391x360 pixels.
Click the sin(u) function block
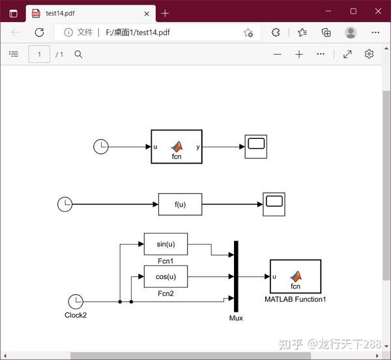tap(166, 244)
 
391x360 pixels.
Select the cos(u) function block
tap(166, 277)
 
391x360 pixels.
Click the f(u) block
tap(180, 204)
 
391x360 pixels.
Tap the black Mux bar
tap(236, 277)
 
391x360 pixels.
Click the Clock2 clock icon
tap(76, 302)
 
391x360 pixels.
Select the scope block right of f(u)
tap(274, 204)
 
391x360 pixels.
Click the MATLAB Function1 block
tap(295, 277)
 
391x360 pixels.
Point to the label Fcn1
tap(166, 261)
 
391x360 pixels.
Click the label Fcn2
tap(166, 293)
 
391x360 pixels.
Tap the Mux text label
tap(236, 318)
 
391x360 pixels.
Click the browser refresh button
tap(39, 32)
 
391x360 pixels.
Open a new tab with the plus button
tap(166, 12)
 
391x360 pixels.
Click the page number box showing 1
tap(39, 54)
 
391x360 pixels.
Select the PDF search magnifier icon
tap(78, 54)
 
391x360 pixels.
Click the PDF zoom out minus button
tap(278, 54)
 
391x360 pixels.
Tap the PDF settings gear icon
tap(369, 54)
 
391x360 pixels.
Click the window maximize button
tap(353, 11)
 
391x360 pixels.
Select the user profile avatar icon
tap(351, 32)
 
